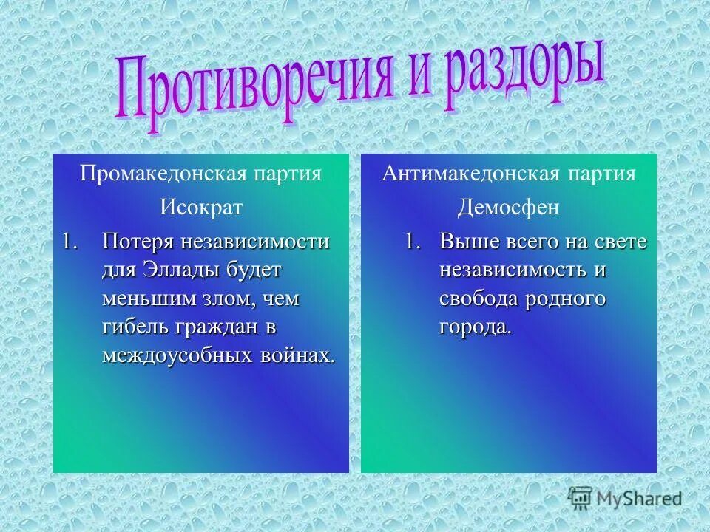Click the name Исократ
click(x=201, y=208)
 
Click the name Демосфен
click(x=508, y=208)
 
